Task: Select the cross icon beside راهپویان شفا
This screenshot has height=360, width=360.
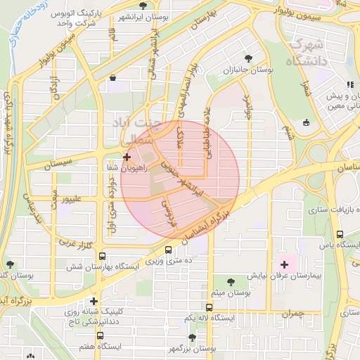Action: (x=127, y=157)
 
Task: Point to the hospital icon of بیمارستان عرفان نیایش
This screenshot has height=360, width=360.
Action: (x=284, y=264)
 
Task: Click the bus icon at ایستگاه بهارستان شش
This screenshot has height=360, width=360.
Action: (x=103, y=257)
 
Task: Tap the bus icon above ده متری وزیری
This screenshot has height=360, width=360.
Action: (x=168, y=250)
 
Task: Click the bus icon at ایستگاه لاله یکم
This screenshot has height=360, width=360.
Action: (x=209, y=307)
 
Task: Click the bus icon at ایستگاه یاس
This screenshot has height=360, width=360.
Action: (x=340, y=234)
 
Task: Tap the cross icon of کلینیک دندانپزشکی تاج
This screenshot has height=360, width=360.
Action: (x=94, y=302)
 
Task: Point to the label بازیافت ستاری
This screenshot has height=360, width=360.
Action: (x=310, y=209)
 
